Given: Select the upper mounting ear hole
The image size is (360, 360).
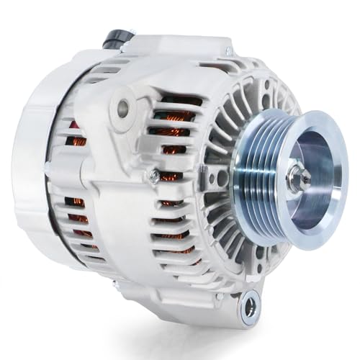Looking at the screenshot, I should (x=123, y=109).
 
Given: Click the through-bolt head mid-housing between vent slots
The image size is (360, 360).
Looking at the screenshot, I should (x=153, y=174).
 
